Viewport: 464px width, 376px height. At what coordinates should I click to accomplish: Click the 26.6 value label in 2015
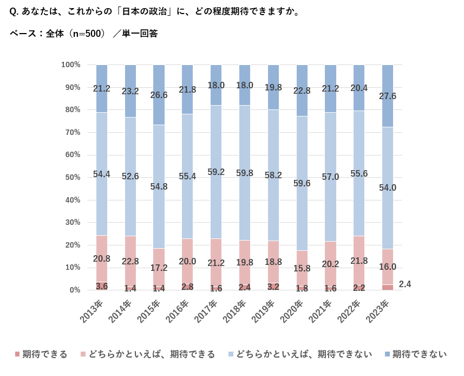click(x=159, y=95)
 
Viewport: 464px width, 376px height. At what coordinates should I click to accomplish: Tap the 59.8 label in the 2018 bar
click(x=245, y=173)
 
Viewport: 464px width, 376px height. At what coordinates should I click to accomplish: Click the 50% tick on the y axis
click(x=71, y=177)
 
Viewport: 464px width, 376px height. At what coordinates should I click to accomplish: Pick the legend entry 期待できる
click(x=41, y=354)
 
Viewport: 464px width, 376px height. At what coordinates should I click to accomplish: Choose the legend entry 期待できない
click(x=415, y=354)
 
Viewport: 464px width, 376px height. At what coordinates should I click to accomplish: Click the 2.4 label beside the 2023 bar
click(x=404, y=284)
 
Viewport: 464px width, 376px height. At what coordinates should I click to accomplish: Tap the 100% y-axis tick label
click(x=70, y=64)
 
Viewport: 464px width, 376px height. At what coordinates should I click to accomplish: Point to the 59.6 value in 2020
click(x=302, y=183)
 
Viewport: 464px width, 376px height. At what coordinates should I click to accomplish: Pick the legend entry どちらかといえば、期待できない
click(x=300, y=354)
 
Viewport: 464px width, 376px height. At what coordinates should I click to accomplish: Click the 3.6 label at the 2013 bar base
click(x=102, y=286)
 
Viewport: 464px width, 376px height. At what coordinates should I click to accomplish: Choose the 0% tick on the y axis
click(x=75, y=290)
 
